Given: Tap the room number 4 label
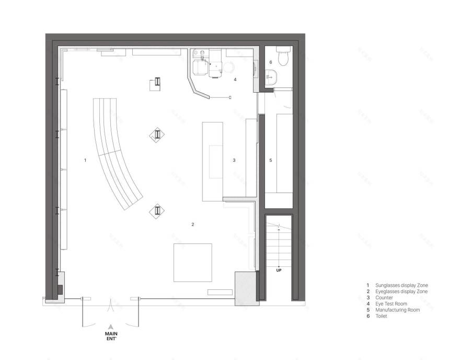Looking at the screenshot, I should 235,80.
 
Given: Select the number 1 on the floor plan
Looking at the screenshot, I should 85,160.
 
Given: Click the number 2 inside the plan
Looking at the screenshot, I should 193,224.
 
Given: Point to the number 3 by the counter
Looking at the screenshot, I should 234,160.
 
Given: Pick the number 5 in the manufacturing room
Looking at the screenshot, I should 270,160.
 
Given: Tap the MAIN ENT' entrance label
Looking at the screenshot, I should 111,334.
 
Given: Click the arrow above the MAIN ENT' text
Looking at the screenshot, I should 111,325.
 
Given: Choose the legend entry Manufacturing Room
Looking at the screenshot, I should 397,310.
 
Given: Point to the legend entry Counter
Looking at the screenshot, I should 384,297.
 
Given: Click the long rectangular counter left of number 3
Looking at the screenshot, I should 212,160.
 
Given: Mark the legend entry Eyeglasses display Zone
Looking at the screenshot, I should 401,291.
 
